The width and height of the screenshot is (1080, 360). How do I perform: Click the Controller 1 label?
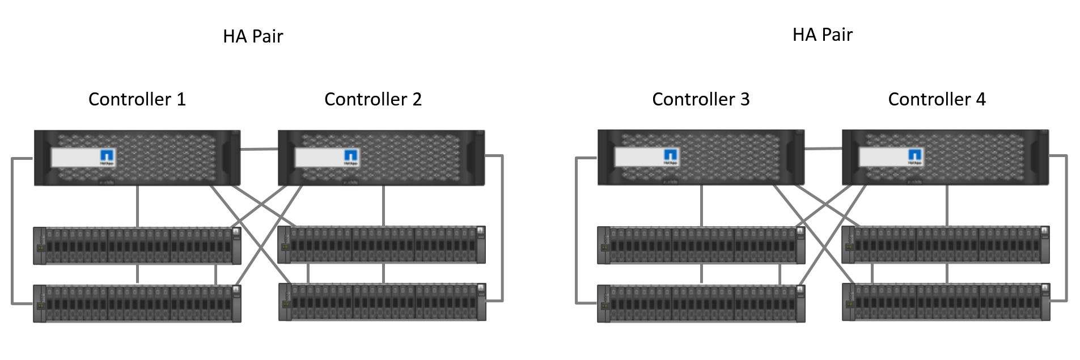pyautogui.click(x=137, y=99)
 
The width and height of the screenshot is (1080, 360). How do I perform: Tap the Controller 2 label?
pyautogui.click(x=372, y=99)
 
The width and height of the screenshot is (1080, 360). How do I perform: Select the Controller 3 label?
pyautogui.click(x=701, y=99)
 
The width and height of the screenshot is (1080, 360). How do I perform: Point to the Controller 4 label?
pyautogui.click(x=937, y=99)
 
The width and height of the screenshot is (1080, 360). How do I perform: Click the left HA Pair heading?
pyautogui.click(x=252, y=36)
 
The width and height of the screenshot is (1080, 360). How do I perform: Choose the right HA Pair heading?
pyautogui.click(x=822, y=35)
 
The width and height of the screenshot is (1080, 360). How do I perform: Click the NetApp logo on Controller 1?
pyautogui.click(x=108, y=156)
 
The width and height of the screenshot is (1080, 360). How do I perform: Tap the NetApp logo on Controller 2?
pyautogui.click(x=351, y=156)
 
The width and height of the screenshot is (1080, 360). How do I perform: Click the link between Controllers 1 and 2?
pyautogui.click(x=259, y=150)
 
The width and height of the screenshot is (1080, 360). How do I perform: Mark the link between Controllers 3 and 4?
pyautogui.click(x=823, y=149)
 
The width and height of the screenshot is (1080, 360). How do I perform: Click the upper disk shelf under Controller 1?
pyautogui.click(x=137, y=245)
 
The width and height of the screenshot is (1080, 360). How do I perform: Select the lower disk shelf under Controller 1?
pyautogui.click(x=137, y=303)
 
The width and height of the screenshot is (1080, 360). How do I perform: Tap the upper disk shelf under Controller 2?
pyautogui.click(x=382, y=244)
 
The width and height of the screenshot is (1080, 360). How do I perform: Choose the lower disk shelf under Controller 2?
pyautogui.click(x=382, y=302)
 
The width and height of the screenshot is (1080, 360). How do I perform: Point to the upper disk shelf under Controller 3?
pyautogui.click(x=701, y=245)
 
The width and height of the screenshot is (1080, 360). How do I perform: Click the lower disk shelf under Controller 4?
pyautogui.click(x=946, y=302)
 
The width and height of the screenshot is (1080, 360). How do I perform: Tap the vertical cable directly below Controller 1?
pyautogui.click(x=137, y=206)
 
